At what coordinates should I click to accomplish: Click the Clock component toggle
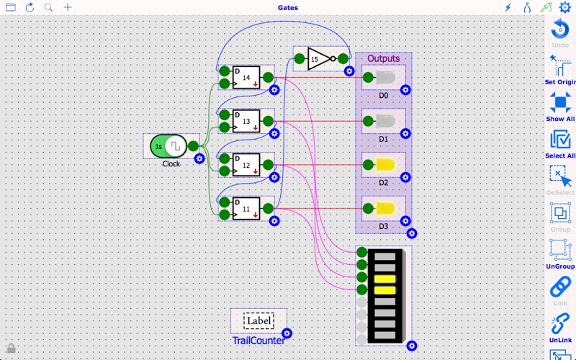[168, 146]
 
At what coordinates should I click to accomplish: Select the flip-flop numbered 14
[246, 78]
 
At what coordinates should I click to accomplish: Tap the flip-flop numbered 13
[246, 122]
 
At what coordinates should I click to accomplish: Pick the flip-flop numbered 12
[246, 166]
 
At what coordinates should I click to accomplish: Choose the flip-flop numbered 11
[246, 209]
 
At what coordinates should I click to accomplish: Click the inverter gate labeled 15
[318, 59]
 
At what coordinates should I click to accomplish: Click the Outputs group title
[383, 58]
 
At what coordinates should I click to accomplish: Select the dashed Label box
[258, 321]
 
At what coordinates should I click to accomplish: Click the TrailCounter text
[258, 340]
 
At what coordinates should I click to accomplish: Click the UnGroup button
[560, 252]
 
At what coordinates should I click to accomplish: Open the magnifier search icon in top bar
[49, 8]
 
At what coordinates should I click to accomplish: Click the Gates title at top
[288, 8]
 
